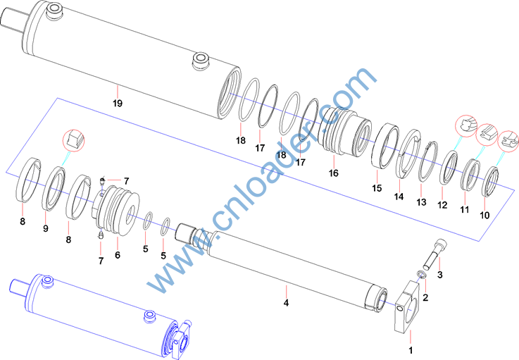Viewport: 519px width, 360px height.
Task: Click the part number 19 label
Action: coord(118,104)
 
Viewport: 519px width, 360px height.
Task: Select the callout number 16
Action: coord(334,173)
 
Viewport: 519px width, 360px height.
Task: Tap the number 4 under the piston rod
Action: coord(287,303)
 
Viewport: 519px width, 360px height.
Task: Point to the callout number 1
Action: coord(411,350)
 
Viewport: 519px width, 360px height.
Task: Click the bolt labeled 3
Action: coord(432,254)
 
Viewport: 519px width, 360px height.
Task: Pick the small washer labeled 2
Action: coord(422,274)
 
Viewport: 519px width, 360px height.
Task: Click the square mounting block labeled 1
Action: coord(408,308)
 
